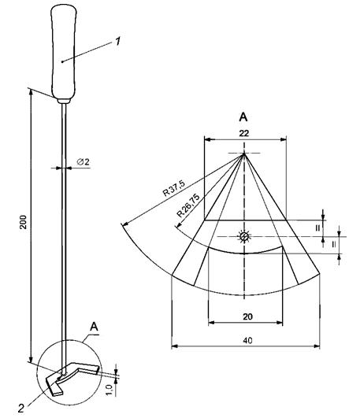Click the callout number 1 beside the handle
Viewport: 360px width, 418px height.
pyautogui.click(x=117, y=41)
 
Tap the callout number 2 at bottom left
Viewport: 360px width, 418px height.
pyautogui.click(x=21, y=408)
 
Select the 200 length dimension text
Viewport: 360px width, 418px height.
pyautogui.click(x=24, y=222)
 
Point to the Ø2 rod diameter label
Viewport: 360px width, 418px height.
pyautogui.click(x=84, y=161)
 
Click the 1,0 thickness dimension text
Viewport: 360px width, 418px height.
pyautogui.click(x=110, y=390)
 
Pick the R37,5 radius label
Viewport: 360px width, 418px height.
pyautogui.click(x=174, y=188)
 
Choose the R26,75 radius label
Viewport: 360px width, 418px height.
pyautogui.click(x=188, y=205)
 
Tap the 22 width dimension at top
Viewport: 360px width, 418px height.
pyautogui.click(x=243, y=133)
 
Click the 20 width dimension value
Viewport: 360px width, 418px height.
pyautogui.click(x=247, y=316)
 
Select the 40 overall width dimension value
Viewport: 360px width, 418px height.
pyautogui.click(x=247, y=340)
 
